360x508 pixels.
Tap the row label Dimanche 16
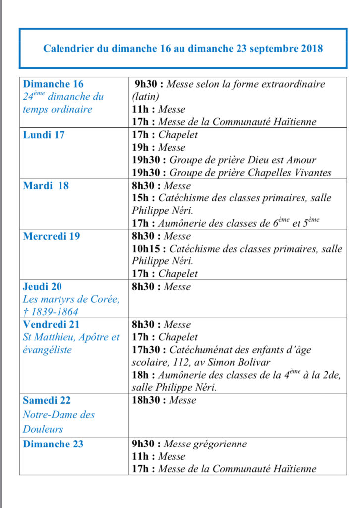[54, 84]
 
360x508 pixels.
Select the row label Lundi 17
[44, 134]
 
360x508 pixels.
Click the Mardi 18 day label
[46, 186]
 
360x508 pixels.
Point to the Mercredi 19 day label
[52, 236]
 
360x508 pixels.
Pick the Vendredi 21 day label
[51, 325]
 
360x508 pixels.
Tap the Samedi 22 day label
[48, 400]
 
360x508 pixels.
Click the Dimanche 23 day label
[54, 444]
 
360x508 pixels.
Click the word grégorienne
[219, 444]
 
